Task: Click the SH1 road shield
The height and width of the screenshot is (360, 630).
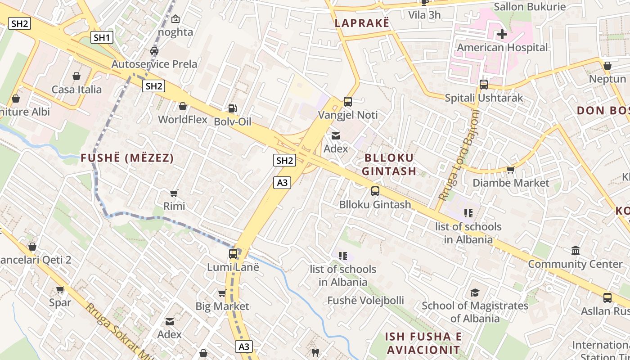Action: point(102,37)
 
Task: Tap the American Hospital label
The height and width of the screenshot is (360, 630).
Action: point(502,47)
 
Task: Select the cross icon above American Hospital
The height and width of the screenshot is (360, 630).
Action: point(502,34)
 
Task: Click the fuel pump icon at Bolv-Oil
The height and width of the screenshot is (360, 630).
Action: point(232,108)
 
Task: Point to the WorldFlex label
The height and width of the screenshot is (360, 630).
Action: point(183,119)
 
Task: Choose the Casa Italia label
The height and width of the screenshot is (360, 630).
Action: point(76,89)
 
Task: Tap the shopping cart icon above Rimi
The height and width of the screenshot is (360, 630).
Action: point(174,193)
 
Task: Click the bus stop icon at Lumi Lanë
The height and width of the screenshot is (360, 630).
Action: point(233,254)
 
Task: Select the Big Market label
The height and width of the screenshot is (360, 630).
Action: point(222,306)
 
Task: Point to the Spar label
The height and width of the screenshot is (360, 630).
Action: point(60,302)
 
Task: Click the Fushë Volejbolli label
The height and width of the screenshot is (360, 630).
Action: point(365,300)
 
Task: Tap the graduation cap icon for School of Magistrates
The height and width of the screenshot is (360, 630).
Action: point(475,293)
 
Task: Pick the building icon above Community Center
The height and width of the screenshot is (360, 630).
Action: point(576,251)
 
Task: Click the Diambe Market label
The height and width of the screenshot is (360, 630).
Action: point(511,183)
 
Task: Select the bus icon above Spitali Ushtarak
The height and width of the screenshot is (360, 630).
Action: point(484,85)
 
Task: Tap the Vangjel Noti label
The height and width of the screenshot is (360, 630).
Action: point(348,115)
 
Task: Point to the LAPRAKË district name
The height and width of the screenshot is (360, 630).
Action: point(362,23)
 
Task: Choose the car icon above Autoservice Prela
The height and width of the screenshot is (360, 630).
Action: point(154,51)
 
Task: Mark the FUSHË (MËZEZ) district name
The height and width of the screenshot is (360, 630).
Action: point(127,158)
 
